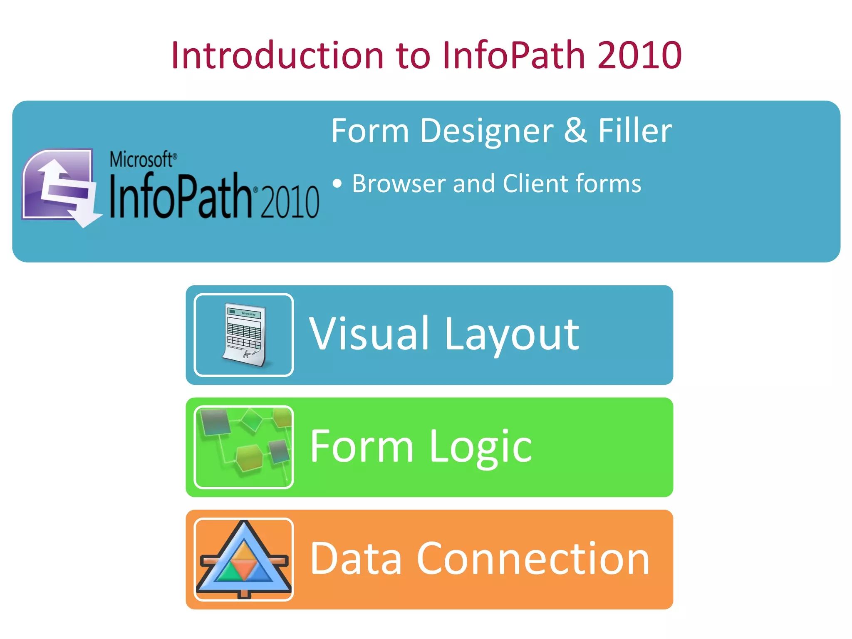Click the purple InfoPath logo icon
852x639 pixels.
[x=60, y=187]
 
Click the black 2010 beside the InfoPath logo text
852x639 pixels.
[x=290, y=202]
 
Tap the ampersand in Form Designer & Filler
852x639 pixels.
[x=575, y=130]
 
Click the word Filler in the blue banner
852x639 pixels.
[x=635, y=130]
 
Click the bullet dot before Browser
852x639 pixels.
[x=337, y=183]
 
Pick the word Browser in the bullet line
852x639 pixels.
[x=399, y=183]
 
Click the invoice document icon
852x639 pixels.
[x=244, y=335]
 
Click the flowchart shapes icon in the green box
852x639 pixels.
[x=244, y=447]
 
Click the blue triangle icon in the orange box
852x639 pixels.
[x=244, y=560]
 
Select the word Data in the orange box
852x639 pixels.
[x=356, y=559]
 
